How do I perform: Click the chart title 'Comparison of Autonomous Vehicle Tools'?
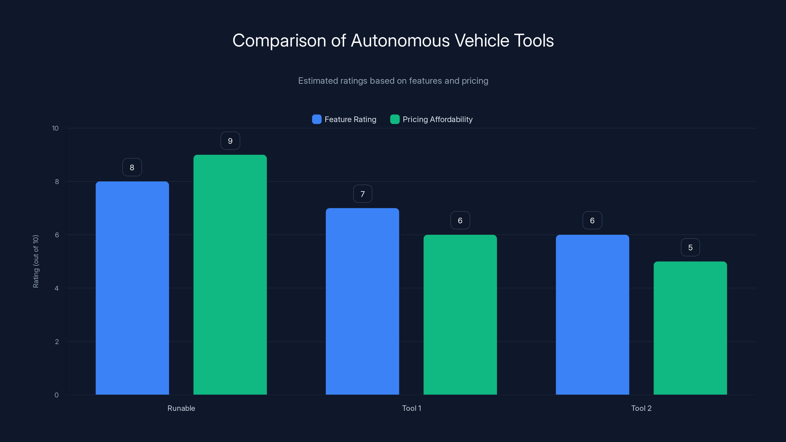click(393, 41)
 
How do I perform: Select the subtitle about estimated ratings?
click(393, 81)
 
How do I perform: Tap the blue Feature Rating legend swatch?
click(317, 119)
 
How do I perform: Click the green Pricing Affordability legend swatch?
click(395, 119)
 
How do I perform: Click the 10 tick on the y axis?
click(55, 128)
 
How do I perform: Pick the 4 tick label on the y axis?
click(57, 288)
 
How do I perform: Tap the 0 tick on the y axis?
click(57, 395)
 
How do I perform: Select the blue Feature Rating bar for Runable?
click(132, 288)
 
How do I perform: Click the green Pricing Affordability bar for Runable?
click(230, 275)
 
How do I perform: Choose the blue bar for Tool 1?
click(362, 301)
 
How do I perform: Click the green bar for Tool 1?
click(460, 315)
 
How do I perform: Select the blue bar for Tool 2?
click(592, 315)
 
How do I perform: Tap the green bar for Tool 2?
click(690, 328)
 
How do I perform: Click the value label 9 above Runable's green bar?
click(230, 141)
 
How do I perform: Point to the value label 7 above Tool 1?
click(363, 194)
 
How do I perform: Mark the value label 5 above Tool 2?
click(690, 247)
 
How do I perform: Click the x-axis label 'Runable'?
click(181, 408)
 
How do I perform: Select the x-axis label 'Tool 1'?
click(411, 408)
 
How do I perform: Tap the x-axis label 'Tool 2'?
click(641, 408)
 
